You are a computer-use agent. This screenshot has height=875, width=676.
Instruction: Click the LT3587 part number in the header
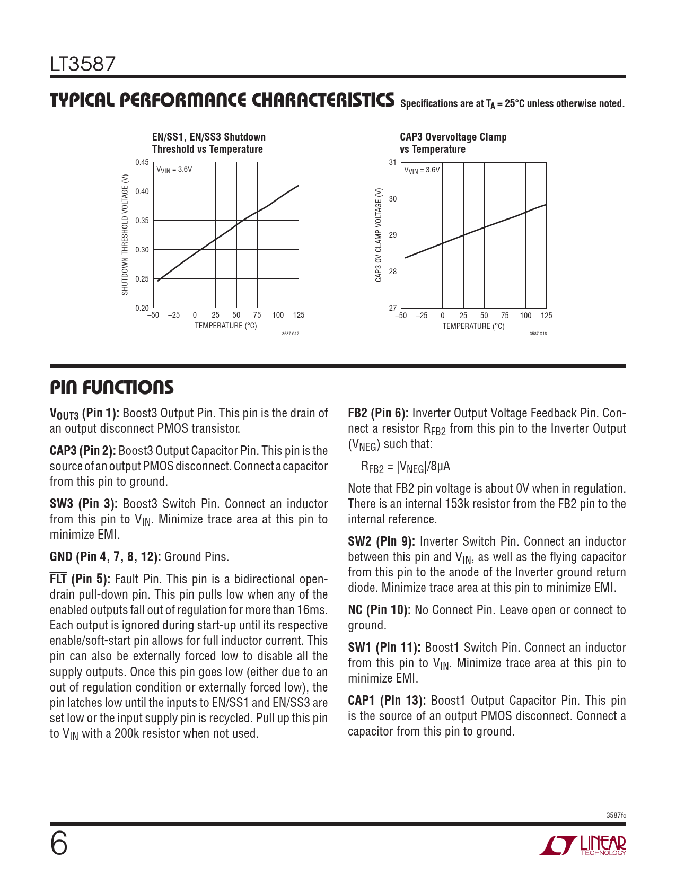(83, 65)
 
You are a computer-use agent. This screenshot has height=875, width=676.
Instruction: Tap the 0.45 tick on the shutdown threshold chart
(142, 162)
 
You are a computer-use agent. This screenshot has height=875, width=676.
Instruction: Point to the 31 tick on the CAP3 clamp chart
(392, 162)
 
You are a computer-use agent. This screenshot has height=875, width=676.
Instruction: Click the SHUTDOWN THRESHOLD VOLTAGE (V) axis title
(125, 234)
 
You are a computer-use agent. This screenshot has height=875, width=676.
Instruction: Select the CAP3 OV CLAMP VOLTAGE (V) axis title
(379, 235)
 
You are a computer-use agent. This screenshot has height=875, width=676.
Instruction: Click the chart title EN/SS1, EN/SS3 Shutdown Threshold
(208, 143)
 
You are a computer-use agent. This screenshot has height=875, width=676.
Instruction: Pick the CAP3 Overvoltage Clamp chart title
(453, 143)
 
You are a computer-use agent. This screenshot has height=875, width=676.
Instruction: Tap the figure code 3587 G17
(290, 334)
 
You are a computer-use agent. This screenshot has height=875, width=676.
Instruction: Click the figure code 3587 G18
(538, 334)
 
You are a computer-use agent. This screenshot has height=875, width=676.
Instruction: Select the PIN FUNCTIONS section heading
(112, 388)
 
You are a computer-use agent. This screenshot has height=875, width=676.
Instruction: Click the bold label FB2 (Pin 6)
(378, 413)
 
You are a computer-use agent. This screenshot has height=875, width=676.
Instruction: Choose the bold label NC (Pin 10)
(379, 610)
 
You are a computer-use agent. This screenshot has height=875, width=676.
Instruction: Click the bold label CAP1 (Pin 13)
(387, 701)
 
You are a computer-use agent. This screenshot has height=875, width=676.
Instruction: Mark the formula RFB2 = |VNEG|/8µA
(406, 467)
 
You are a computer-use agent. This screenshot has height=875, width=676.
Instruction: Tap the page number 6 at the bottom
(59, 844)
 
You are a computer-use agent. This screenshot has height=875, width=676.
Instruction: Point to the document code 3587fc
(616, 815)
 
